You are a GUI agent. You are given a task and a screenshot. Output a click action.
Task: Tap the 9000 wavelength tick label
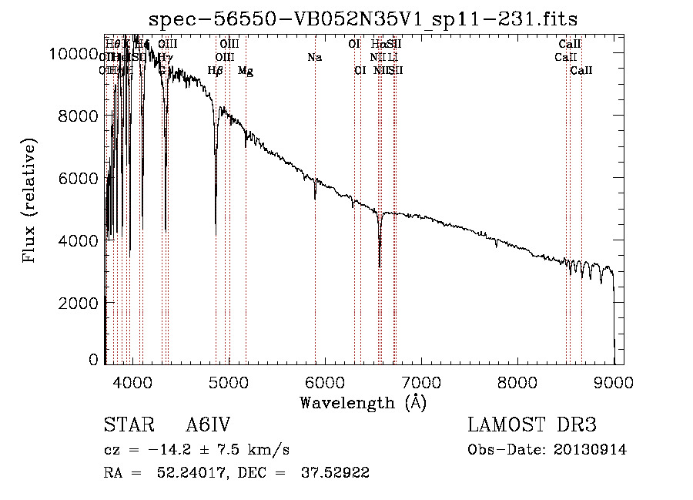pos(614,381)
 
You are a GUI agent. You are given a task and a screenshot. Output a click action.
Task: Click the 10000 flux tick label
pos(73,53)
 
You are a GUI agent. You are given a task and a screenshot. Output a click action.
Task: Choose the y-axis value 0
pos(94,360)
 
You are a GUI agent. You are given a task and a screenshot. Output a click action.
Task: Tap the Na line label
pos(314,58)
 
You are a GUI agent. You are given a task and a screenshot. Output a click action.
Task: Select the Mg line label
pos(246,72)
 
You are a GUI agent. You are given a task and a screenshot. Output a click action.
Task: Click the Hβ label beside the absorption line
pos(216,72)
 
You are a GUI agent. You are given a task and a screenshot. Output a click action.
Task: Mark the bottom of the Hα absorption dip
pos(380,266)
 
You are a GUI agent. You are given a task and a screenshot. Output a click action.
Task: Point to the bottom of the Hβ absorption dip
pos(216,233)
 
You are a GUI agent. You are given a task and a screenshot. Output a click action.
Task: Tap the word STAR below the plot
pos(126,426)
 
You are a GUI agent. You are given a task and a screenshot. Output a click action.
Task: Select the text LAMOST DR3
pos(532,426)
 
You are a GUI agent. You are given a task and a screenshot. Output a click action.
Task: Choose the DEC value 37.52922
pos(335,473)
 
